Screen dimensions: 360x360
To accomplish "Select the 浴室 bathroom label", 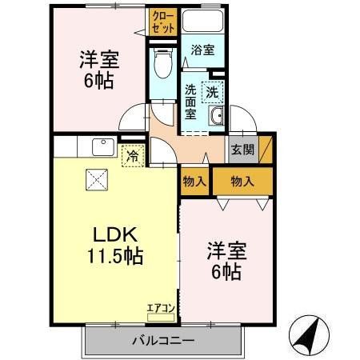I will coord(202,50).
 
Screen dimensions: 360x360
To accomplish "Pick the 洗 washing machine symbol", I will coord(212,92).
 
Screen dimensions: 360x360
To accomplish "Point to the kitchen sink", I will coord(102,147).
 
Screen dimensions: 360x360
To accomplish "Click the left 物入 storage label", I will coord(194,182).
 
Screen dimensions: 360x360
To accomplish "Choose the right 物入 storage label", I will coord(242,182).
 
